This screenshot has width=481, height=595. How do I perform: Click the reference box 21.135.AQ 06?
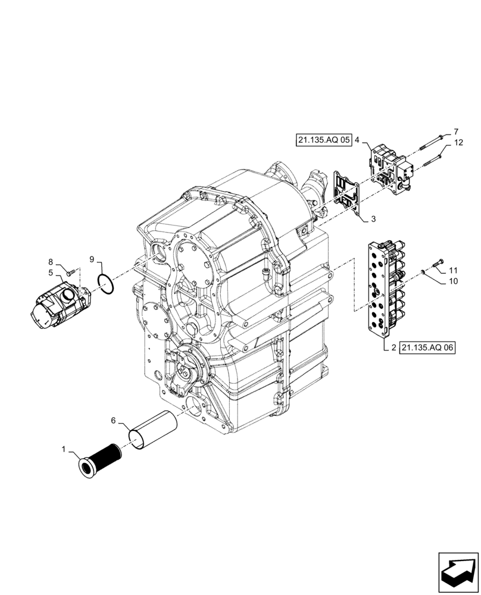pos(426,348)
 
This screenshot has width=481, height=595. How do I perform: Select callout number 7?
pos(456,131)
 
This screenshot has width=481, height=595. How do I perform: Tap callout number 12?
pos(458,143)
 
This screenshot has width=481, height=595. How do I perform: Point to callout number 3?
pos(373,220)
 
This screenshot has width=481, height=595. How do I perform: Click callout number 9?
pos(92,259)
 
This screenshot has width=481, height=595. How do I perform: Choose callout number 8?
pos(51,262)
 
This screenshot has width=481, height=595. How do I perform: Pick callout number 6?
pos(114,420)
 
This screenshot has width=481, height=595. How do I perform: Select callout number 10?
pos(453,281)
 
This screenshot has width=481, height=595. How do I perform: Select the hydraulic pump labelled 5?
pos(58,305)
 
